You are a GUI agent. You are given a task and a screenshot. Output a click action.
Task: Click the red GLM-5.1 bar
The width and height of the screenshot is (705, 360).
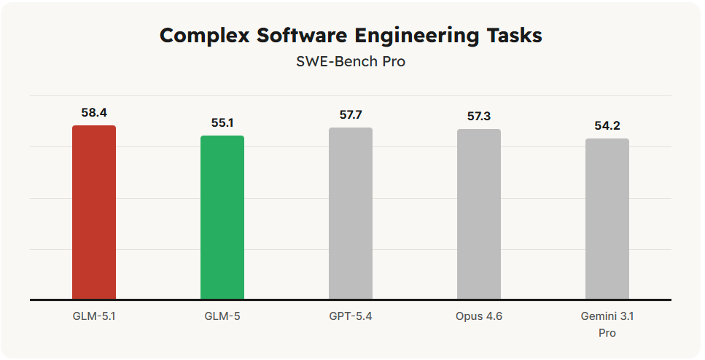(94, 212)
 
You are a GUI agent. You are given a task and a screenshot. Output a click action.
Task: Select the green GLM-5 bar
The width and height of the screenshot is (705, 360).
(222, 217)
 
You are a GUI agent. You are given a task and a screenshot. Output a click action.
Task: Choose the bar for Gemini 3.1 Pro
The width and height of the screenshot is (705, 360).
(607, 219)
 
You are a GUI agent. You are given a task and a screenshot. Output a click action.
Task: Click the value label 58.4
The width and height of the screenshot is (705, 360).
(94, 113)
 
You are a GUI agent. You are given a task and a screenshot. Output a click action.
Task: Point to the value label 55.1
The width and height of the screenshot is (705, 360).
(222, 123)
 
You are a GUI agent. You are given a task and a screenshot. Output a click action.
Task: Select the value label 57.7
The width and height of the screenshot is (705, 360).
(351, 115)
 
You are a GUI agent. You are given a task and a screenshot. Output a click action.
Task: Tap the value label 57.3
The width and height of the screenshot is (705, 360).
(479, 117)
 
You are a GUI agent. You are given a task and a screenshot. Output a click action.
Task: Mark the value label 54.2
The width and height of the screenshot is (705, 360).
(607, 126)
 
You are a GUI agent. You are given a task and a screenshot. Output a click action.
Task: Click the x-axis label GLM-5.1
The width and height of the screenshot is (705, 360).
(94, 316)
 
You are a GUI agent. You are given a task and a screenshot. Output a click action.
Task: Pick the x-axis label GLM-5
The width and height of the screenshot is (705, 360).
(222, 316)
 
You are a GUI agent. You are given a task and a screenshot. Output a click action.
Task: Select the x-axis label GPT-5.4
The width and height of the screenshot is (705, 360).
(351, 316)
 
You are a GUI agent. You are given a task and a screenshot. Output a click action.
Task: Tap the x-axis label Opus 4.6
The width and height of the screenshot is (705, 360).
(479, 316)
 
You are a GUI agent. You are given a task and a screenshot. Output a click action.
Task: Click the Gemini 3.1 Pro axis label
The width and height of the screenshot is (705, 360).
(607, 324)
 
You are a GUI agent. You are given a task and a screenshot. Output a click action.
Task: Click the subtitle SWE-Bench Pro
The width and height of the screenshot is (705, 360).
(351, 62)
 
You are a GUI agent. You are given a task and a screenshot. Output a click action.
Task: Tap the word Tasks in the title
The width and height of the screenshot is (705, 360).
(515, 36)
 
